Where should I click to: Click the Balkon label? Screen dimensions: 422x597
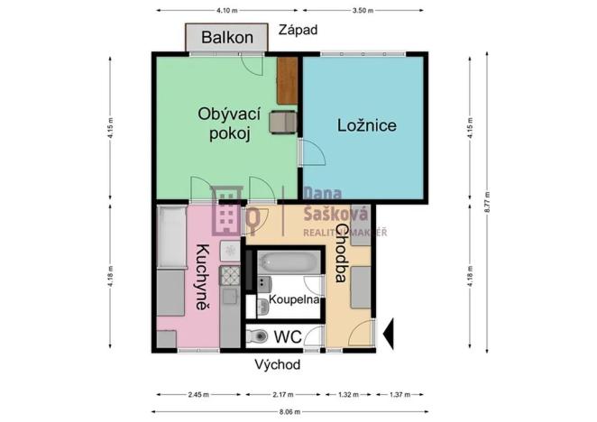point(226,38)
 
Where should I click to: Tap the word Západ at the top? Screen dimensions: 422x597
point(298,30)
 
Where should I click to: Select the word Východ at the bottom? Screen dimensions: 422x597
point(277,364)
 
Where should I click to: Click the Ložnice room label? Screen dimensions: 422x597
point(367,125)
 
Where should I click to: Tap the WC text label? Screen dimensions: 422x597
point(287,336)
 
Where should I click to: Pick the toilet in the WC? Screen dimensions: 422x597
point(258,336)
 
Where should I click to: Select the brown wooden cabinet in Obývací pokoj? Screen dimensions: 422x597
point(287,80)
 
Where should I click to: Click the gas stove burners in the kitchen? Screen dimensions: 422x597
point(230,277)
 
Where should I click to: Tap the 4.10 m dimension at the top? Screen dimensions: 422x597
point(227,11)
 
